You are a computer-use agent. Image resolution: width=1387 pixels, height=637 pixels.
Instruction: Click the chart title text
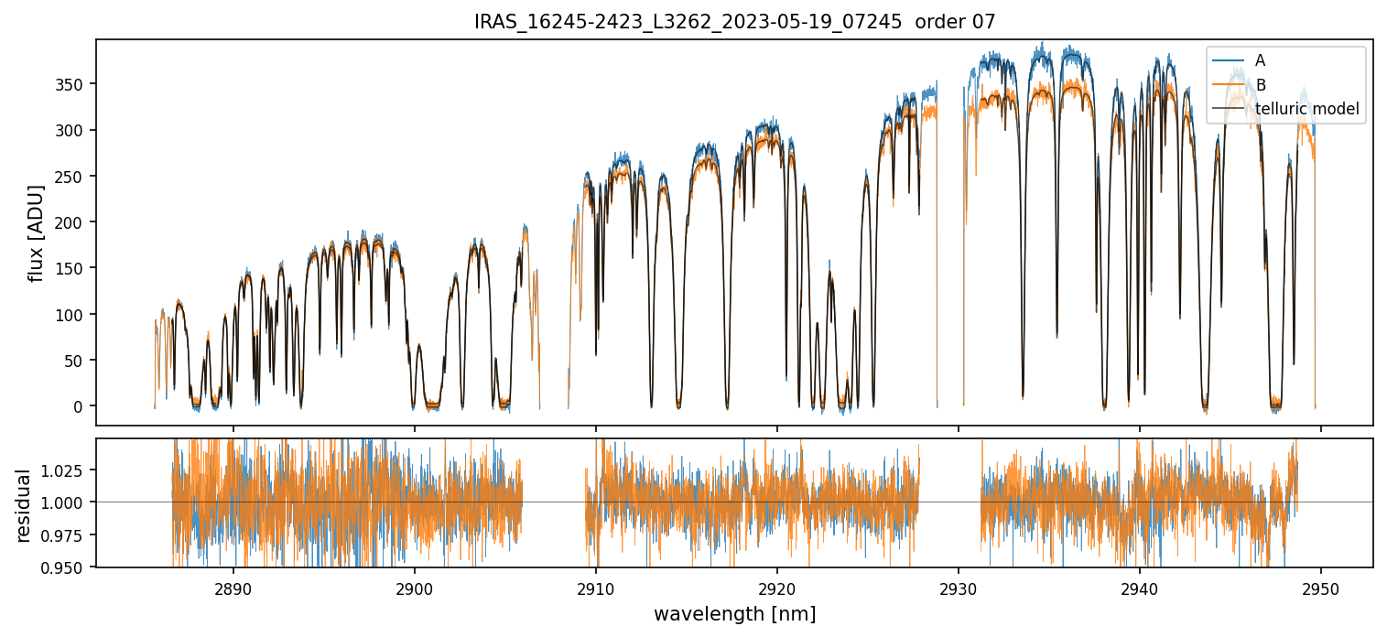(734, 22)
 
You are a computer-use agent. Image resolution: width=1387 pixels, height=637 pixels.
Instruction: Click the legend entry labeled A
(1260, 60)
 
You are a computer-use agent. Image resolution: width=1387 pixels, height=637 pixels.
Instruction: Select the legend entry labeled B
(1260, 85)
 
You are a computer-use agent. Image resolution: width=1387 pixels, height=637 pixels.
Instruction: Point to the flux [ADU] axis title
(37, 232)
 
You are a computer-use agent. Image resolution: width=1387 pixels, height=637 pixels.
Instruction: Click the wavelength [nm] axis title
(734, 613)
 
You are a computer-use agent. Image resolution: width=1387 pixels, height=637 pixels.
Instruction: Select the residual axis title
(24, 505)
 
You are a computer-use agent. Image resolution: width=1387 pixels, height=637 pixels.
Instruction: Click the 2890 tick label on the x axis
(233, 585)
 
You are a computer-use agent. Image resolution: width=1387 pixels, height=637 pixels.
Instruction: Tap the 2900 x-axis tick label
(414, 585)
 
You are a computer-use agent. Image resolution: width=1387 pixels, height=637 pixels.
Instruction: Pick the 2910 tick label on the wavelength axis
(596, 585)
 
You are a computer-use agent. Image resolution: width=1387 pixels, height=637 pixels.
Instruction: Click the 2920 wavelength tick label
(777, 585)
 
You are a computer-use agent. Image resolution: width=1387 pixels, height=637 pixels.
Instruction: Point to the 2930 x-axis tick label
(959, 585)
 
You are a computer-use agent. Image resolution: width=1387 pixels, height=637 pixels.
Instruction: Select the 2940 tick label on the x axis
(1140, 585)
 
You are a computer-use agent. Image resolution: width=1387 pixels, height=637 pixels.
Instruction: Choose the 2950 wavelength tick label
(1321, 585)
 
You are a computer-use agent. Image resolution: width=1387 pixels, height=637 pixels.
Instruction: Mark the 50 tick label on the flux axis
(79, 361)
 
